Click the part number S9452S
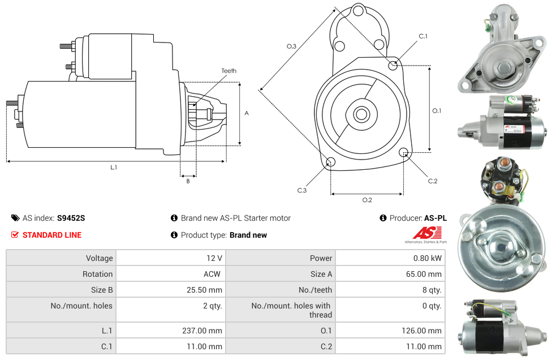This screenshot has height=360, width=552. pos(71,218)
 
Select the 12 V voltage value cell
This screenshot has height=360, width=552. pos(171,258)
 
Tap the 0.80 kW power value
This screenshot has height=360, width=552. pos(428,258)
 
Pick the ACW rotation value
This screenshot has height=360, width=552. pos(212,274)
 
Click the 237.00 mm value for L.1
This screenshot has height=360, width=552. pos(202,331)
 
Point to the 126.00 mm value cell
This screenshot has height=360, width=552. pos(390,331)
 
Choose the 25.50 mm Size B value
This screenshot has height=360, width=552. pos(205,290)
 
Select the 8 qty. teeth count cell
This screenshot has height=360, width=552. pos(390,290)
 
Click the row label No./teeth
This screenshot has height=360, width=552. pos(315,290)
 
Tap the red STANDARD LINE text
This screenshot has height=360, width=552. pos(52,235)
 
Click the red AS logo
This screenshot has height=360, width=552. pos(427,233)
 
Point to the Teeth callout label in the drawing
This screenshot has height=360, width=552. pos(229,71)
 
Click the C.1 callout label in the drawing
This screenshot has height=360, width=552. pos(423,36)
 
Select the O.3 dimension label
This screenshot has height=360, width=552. pos(291,46)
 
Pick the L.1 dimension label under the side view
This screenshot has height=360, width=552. pos(113,168)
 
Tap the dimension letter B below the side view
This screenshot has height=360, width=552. pos(188,181)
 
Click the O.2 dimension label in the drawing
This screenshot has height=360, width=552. pos(367,200)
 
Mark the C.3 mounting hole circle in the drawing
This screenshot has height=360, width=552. pos(330,162)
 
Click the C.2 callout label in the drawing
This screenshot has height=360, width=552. pos(433,181)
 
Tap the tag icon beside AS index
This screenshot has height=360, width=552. pos(15,218)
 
